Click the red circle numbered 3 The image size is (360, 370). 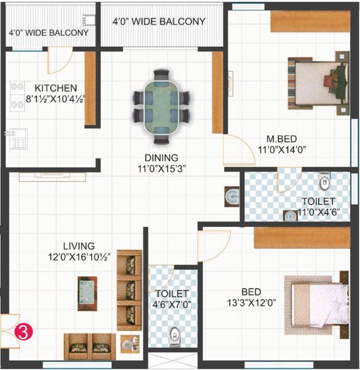click(x=23, y=332)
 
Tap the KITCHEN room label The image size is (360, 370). click(x=55, y=88)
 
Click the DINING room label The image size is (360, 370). click(x=161, y=157)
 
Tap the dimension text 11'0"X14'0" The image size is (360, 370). click(x=282, y=149)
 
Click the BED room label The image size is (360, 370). click(x=251, y=292)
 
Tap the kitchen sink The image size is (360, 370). click(x=18, y=139)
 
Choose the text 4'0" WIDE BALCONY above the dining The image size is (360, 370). click(x=159, y=22)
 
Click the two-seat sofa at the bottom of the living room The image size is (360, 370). click(x=90, y=347)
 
